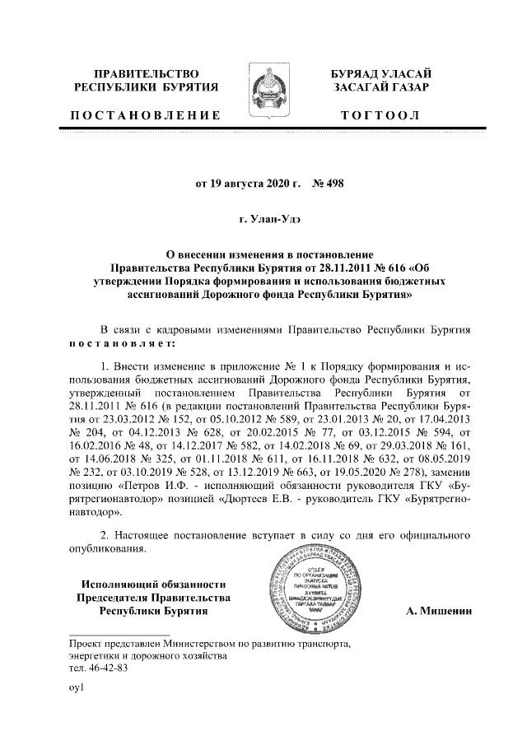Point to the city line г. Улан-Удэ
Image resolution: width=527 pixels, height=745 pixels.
point(263,218)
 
